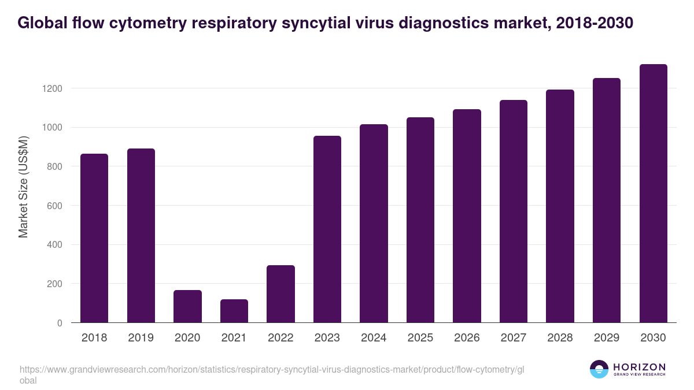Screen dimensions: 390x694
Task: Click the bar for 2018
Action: pyautogui.click(x=94, y=238)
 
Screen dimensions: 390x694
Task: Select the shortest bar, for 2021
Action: pyautogui.click(x=234, y=311)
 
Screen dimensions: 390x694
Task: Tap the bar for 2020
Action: pyautogui.click(x=187, y=306)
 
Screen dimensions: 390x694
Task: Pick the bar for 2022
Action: pyautogui.click(x=280, y=294)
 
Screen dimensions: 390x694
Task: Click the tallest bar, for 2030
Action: pyautogui.click(x=653, y=194)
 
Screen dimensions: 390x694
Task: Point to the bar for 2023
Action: pyautogui.click(x=327, y=229)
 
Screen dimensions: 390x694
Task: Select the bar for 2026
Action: pyautogui.click(x=467, y=216)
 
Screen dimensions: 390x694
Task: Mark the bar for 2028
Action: pyautogui.click(x=560, y=206)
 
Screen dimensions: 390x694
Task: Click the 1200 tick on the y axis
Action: pyautogui.click(x=51, y=88)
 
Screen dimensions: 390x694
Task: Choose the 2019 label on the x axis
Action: pyautogui.click(x=141, y=338)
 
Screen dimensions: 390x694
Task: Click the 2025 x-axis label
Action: pyautogui.click(x=420, y=338)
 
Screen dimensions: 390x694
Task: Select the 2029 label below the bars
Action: pyautogui.click(x=606, y=338)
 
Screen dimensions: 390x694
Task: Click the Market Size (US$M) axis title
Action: pyautogui.click(x=23, y=186)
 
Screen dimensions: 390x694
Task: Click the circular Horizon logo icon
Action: pyautogui.click(x=599, y=369)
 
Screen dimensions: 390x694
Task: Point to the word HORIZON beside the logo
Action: pyautogui.click(x=639, y=366)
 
